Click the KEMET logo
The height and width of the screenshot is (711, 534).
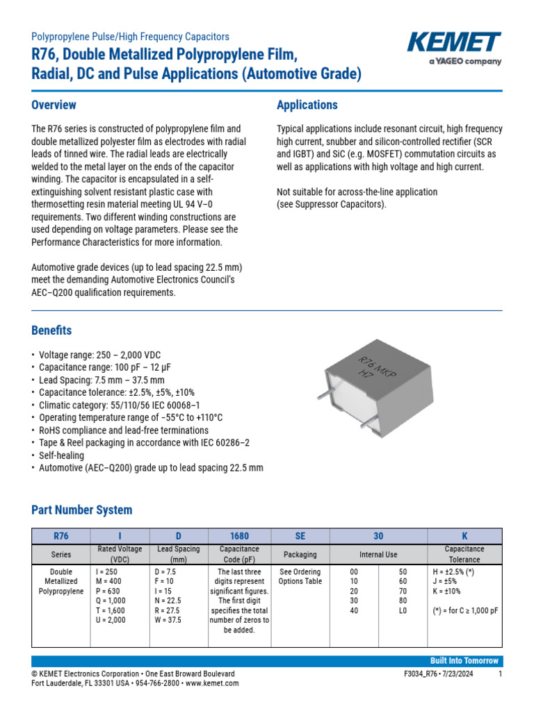[x=454, y=47]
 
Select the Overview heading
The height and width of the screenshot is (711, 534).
[x=54, y=105]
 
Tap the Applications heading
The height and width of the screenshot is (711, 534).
[x=307, y=105]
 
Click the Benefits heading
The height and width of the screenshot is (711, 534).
[x=51, y=330]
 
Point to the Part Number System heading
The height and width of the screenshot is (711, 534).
[x=82, y=510]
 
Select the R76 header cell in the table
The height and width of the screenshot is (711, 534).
[x=61, y=536]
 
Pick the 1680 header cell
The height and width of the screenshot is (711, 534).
[x=239, y=536]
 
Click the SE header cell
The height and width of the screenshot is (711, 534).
[x=300, y=536]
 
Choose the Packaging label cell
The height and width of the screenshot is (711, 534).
[x=300, y=554]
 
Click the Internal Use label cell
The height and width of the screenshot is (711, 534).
[x=378, y=554]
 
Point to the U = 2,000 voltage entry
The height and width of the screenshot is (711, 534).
[x=111, y=620]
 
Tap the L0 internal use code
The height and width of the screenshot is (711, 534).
[x=403, y=610]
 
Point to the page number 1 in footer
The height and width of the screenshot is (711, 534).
[x=500, y=674]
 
